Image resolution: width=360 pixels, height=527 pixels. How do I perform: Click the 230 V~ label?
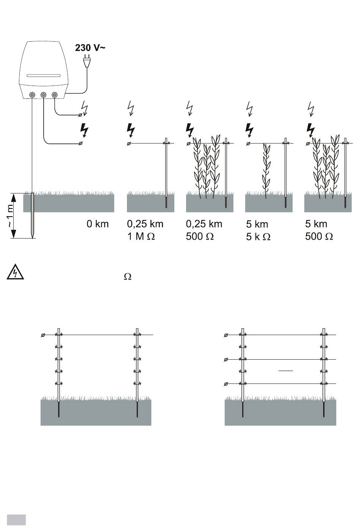tap(90, 48)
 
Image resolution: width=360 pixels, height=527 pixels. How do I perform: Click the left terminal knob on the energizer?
tap(32, 95)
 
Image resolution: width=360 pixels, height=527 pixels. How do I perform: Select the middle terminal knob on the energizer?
tap(43, 95)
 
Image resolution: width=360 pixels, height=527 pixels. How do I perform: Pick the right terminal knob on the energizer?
tap(55, 95)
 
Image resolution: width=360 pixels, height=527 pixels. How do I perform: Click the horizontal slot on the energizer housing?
tap(42, 75)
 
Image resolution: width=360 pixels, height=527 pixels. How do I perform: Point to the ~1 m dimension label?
tap(10, 215)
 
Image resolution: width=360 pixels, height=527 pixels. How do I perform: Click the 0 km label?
tap(97, 224)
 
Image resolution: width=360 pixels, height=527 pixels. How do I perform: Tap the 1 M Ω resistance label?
tap(141, 237)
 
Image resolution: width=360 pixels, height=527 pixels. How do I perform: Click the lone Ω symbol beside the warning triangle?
tap(128, 277)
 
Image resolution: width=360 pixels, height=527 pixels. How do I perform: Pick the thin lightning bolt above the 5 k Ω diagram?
tap(250, 108)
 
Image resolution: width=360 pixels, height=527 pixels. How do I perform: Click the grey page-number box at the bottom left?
tap(16, 519)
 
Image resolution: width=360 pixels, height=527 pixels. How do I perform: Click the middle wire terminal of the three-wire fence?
tap(226, 359)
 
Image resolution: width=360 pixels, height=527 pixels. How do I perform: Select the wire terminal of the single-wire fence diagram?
tap(43, 335)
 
